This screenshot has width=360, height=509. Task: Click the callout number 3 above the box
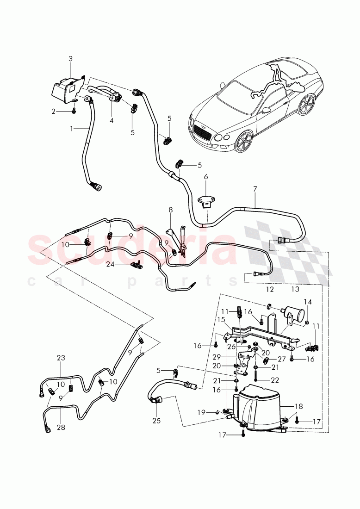click(x=70, y=59)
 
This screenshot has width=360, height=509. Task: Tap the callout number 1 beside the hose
click(x=72, y=128)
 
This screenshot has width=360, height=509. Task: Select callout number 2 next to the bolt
click(x=54, y=112)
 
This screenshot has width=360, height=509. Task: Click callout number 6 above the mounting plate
click(x=206, y=177)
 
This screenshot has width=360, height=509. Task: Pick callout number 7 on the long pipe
click(x=254, y=190)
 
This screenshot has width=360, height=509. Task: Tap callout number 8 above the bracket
click(x=170, y=210)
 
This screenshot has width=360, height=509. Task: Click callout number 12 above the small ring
click(x=270, y=289)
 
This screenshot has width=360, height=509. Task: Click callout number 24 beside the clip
click(x=110, y=265)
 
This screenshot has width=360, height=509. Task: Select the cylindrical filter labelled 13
click(x=292, y=311)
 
